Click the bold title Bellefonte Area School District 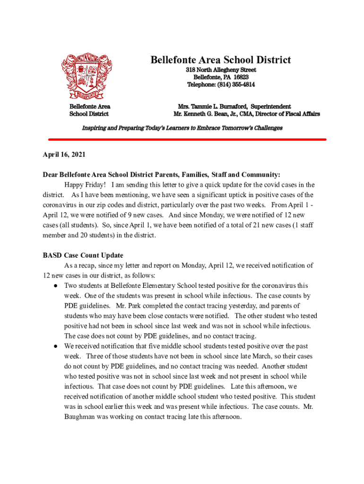221,60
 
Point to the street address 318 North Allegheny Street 221,70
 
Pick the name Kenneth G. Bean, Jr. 218,114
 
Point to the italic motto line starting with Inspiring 182,128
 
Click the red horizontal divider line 187,139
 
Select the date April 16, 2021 64,155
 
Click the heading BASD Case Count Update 83,255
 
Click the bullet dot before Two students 55,286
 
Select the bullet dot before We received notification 55,346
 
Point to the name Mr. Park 128,306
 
